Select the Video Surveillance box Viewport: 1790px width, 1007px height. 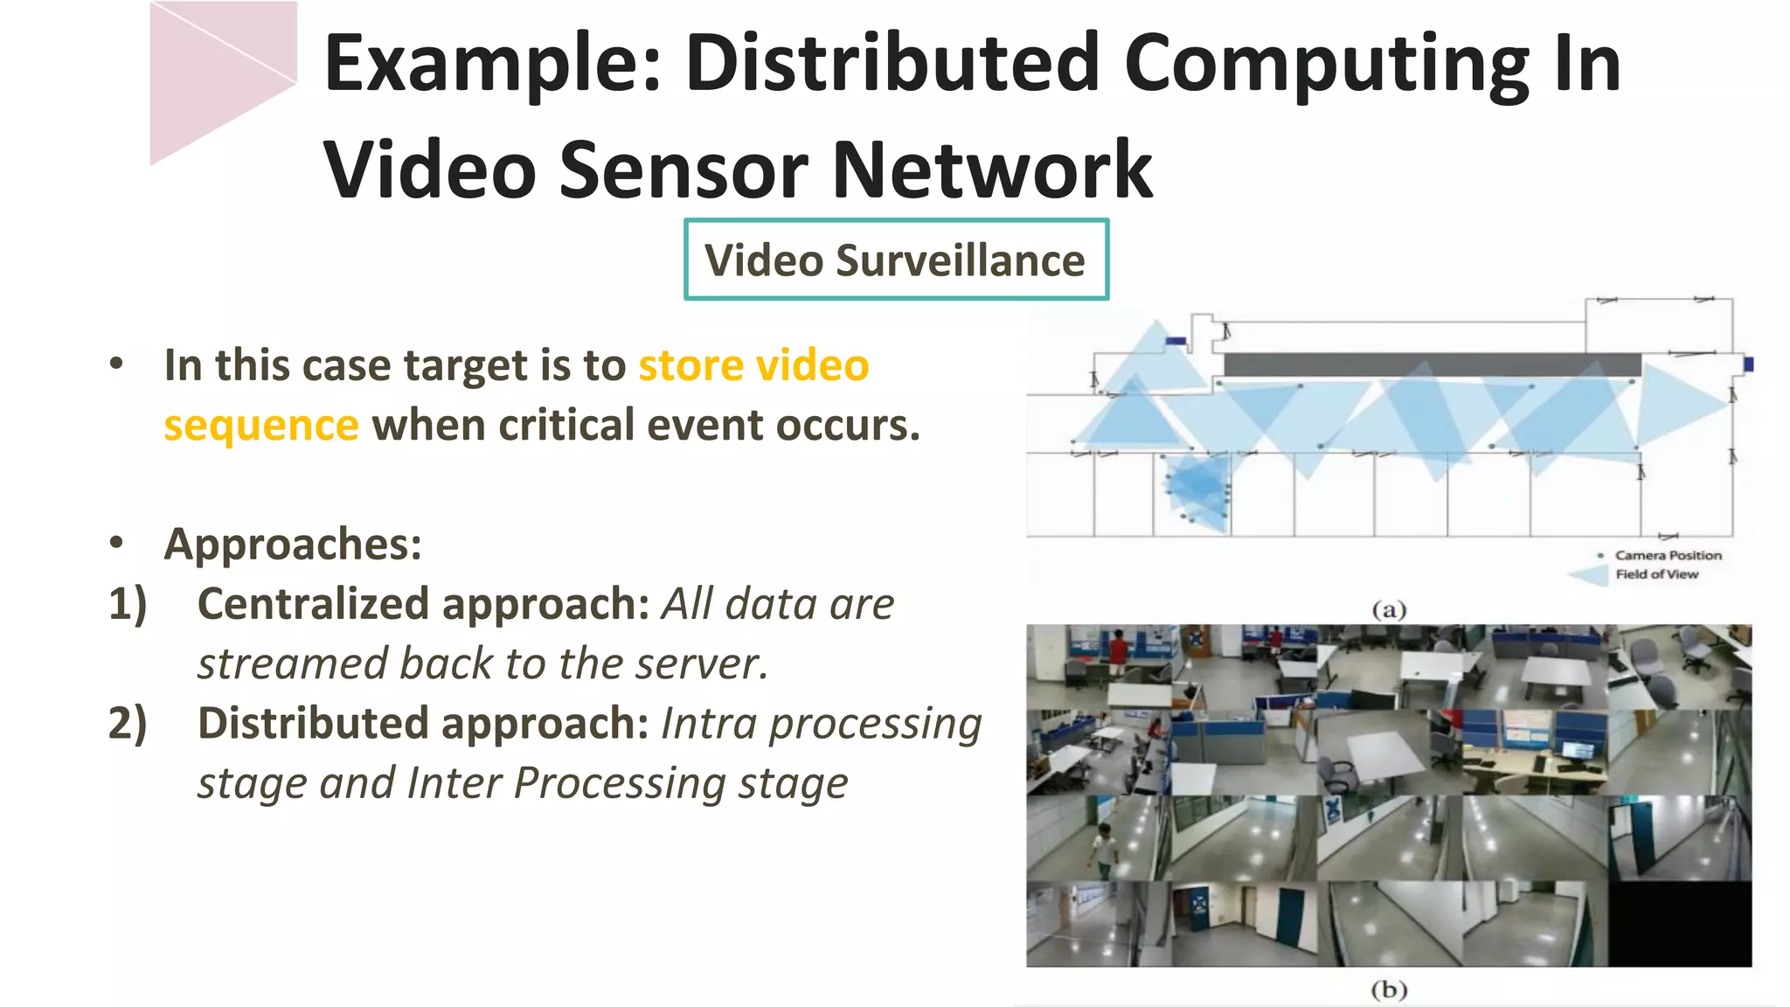[896, 260]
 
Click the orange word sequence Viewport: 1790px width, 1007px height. [261, 426]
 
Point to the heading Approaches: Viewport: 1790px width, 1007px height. [293, 545]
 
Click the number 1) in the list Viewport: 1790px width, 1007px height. [128, 604]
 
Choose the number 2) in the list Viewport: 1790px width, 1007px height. [128, 724]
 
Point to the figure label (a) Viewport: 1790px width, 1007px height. [1389, 609]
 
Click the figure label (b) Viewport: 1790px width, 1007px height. [1389, 990]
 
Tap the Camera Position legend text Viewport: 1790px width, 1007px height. [1668, 555]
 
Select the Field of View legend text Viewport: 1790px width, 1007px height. [1656, 574]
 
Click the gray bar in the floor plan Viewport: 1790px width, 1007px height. [1432, 365]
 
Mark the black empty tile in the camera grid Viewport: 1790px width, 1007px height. [1679, 924]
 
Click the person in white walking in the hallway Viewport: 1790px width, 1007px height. [1104, 848]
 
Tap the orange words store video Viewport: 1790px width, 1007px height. [753, 365]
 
